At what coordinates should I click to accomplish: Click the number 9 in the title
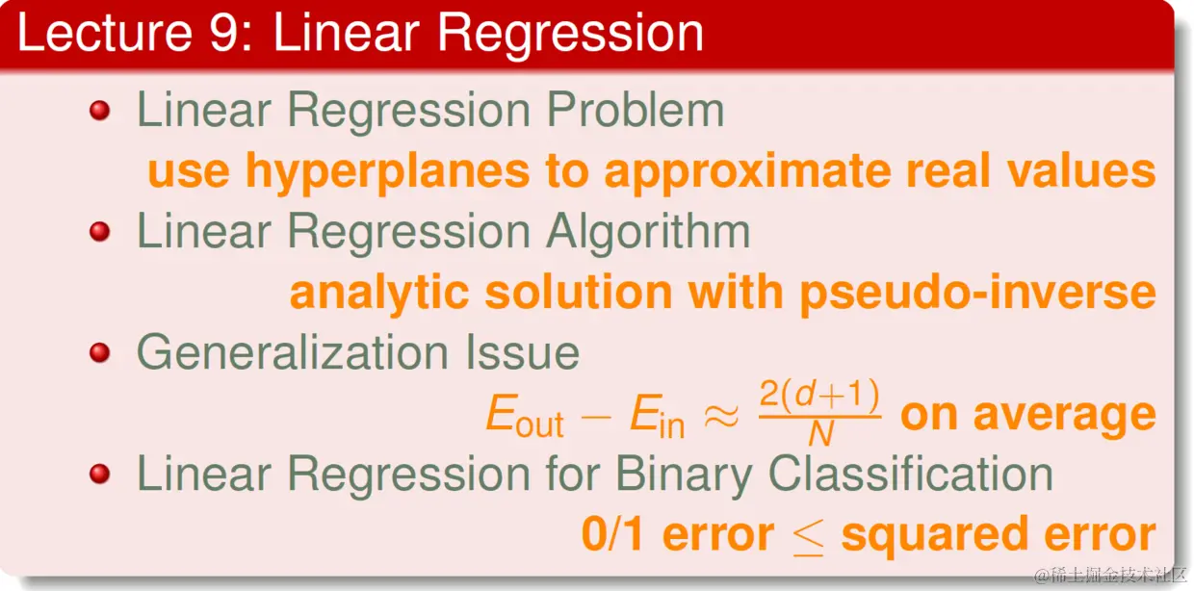[224, 33]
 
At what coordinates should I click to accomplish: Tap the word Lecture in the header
[104, 33]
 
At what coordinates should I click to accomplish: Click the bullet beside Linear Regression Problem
[100, 111]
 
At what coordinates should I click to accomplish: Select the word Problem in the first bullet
[636, 110]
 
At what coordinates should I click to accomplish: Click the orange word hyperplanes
[387, 170]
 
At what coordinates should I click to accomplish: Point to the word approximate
[748, 171]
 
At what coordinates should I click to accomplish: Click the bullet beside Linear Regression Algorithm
[100, 232]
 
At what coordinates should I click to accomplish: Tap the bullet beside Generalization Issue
[100, 353]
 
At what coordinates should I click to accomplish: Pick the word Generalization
[293, 352]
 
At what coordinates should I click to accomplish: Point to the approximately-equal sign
[721, 415]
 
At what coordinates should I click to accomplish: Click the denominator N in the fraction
[820, 434]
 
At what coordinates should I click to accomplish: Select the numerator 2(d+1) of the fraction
[819, 396]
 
